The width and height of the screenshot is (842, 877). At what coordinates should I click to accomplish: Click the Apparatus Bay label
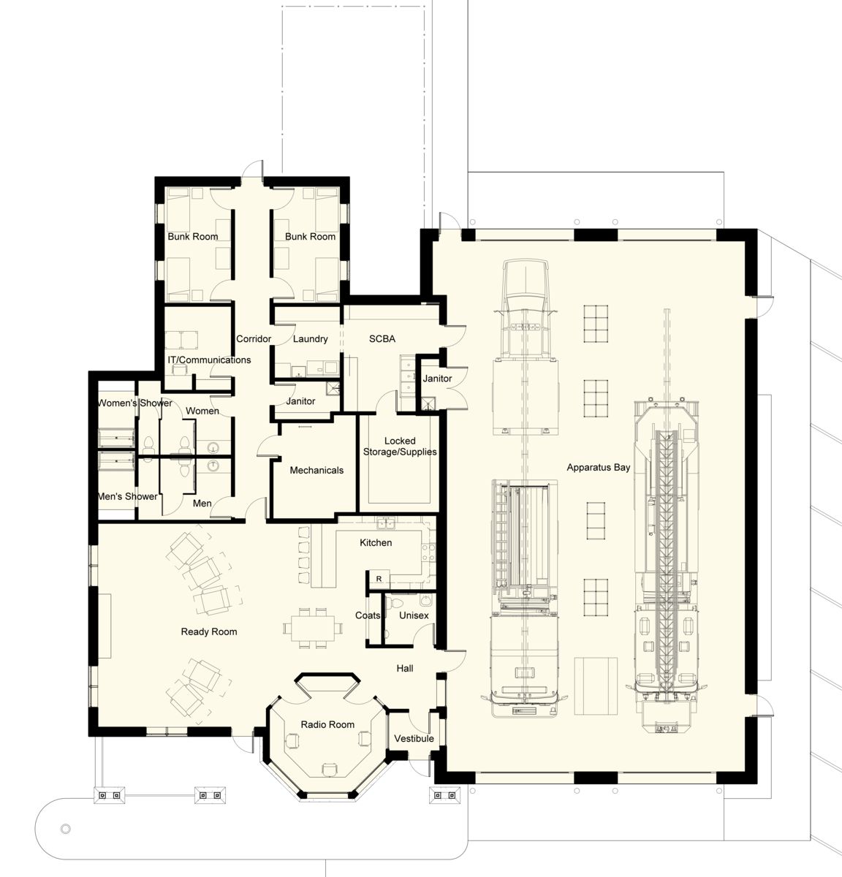(599, 467)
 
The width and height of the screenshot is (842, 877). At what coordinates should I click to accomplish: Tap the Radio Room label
(327, 724)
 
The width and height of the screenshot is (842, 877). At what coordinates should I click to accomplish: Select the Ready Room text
(209, 631)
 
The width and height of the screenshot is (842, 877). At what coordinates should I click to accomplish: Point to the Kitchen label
(376, 542)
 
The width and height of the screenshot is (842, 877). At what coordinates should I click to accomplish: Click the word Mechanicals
(316, 470)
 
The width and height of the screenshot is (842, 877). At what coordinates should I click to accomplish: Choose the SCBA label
(382, 339)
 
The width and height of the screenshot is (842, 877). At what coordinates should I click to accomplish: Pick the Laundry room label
(310, 339)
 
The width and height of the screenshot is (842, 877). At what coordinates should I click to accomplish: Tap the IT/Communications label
(209, 360)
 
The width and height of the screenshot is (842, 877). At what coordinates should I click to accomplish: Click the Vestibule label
(414, 738)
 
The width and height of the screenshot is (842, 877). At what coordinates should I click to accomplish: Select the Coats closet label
(368, 615)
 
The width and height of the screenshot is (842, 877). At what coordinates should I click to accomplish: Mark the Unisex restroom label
(414, 615)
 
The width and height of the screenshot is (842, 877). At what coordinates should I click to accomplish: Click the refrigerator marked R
(379, 579)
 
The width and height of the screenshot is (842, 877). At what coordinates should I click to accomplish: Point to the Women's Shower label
(135, 403)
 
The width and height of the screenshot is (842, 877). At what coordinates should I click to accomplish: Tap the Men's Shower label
(128, 496)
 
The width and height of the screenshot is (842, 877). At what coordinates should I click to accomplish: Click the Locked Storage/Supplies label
(400, 446)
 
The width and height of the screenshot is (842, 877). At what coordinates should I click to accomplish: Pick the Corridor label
(254, 339)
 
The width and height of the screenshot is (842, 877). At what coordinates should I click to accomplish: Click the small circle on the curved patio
(65, 829)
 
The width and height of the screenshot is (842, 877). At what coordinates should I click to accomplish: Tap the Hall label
(405, 668)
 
